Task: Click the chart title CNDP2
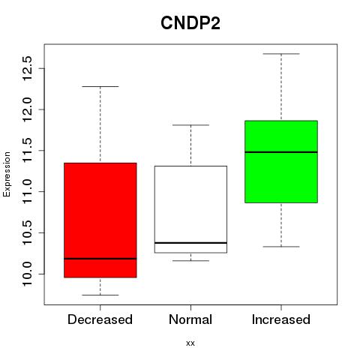(190, 23)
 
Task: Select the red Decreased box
(100, 220)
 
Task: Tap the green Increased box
(281, 161)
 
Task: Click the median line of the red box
(100, 259)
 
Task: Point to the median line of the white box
(190, 243)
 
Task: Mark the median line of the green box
(281, 152)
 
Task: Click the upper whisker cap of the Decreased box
(100, 86)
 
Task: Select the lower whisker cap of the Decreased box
(100, 295)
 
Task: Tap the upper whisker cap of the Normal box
(190, 125)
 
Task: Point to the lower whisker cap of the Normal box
(190, 261)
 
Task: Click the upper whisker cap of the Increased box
(281, 54)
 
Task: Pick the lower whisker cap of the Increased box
(281, 247)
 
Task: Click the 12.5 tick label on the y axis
(27, 68)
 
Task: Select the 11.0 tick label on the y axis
(27, 191)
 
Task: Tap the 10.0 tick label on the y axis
(27, 274)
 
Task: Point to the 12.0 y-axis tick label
(27, 109)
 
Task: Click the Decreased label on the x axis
(100, 319)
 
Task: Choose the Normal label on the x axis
(190, 319)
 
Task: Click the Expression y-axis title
(7, 174)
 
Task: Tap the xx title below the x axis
(190, 343)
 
